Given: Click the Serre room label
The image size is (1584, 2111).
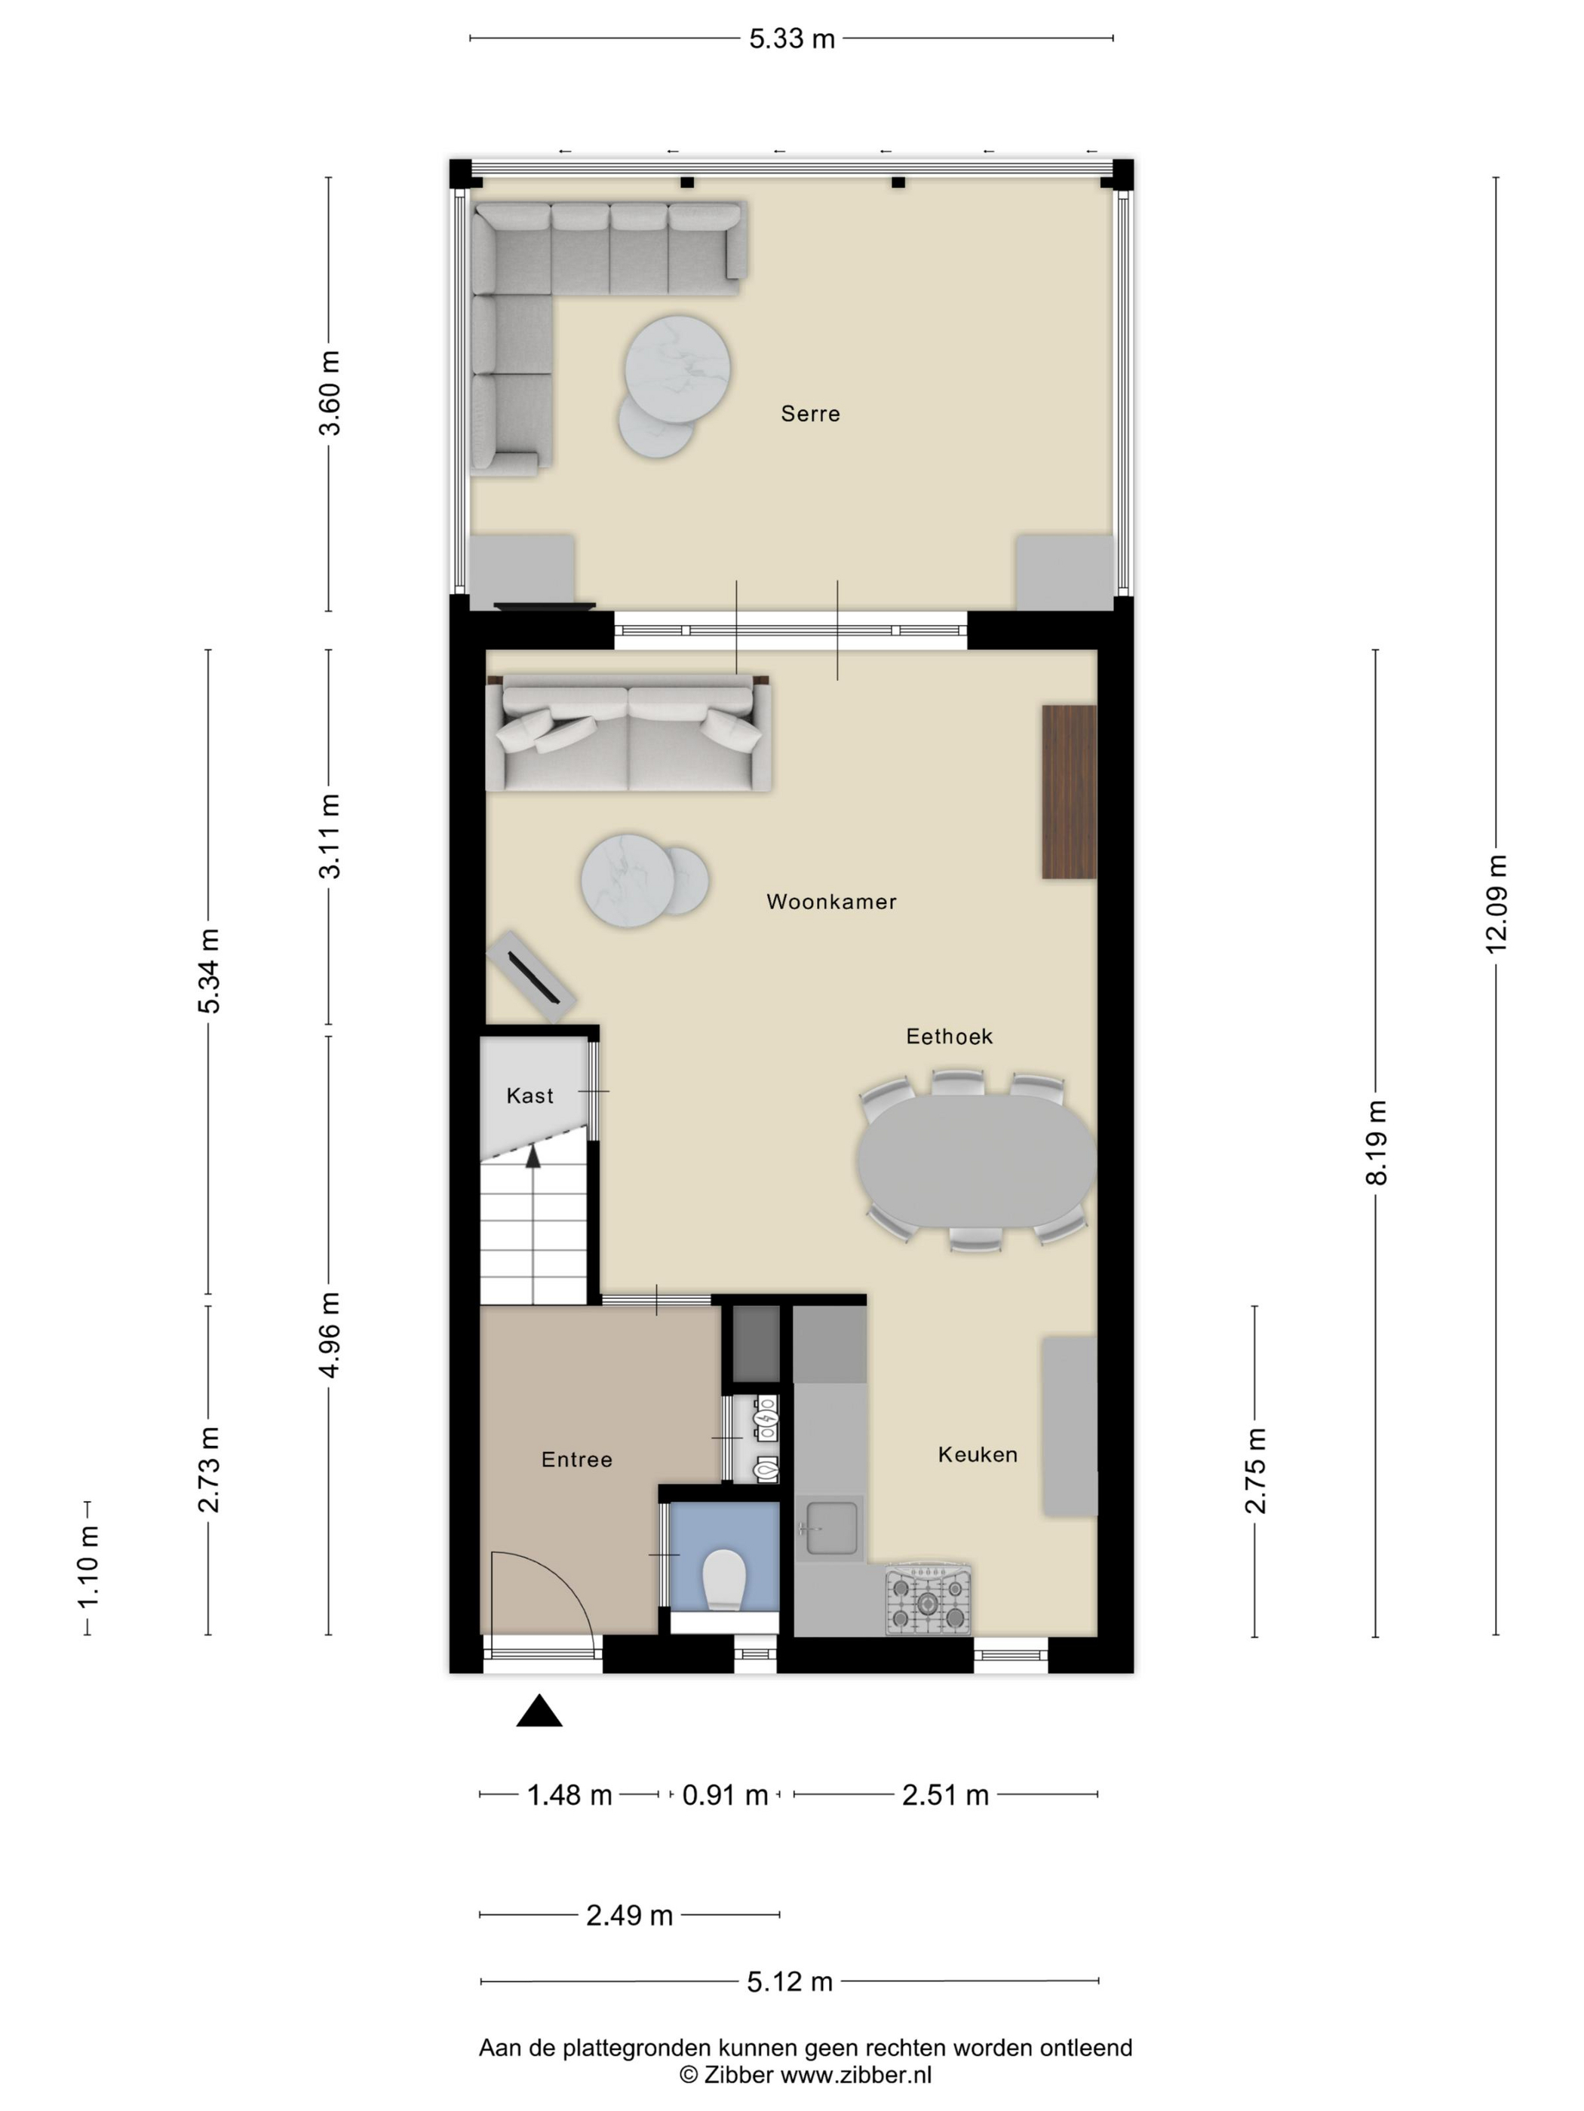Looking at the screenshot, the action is [x=809, y=413].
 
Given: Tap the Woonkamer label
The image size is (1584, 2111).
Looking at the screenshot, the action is [x=830, y=901].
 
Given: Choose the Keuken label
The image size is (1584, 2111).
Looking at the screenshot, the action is [x=977, y=1454].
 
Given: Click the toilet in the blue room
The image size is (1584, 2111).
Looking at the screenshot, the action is [x=723, y=1579].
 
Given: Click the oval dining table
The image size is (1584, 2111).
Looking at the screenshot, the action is [x=976, y=1160].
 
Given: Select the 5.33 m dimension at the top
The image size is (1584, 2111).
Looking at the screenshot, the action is [x=791, y=38].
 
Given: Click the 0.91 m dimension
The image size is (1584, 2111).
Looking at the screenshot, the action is [x=725, y=1795].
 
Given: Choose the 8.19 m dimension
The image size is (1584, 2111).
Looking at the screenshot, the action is [x=1375, y=1142].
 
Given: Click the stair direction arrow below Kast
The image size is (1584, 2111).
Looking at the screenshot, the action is [x=533, y=1157].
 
